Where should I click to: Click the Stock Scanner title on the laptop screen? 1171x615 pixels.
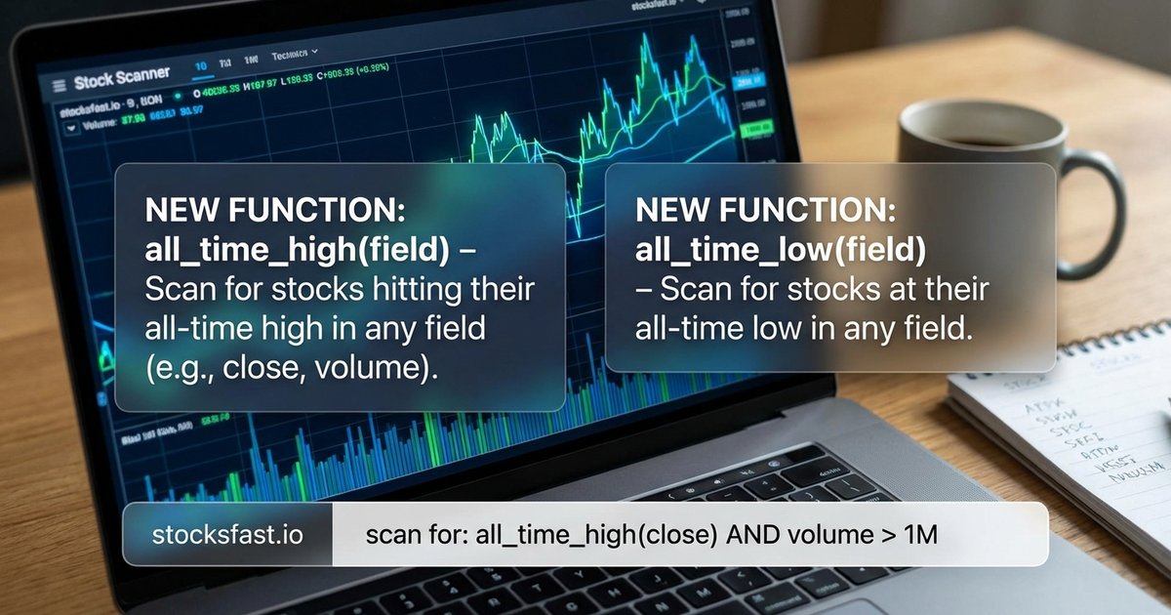click(x=122, y=78)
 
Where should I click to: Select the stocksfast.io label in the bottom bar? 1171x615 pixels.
click(x=227, y=535)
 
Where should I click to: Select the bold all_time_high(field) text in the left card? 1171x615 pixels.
click(x=298, y=251)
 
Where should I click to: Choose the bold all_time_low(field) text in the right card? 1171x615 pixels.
click(x=780, y=251)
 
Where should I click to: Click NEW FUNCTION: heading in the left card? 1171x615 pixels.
click(x=274, y=211)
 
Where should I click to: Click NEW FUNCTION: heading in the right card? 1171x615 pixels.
click(x=764, y=211)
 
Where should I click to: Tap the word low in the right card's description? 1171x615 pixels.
click(x=779, y=329)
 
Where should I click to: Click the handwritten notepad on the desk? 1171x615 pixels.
click(x=1073, y=420)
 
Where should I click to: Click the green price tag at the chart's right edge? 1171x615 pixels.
click(x=755, y=129)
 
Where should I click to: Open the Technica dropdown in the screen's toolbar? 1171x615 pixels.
click(x=295, y=55)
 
